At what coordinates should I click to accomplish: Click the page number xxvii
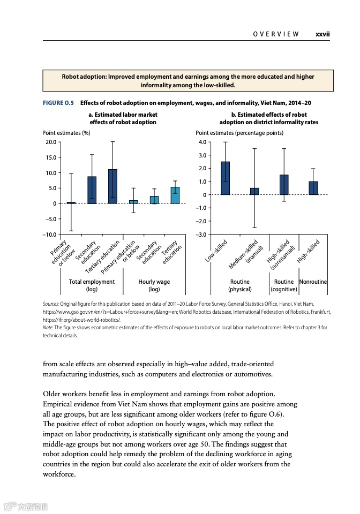point(322,34)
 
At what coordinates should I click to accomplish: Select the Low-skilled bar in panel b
point(226,178)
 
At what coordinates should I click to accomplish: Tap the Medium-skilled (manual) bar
point(254,191)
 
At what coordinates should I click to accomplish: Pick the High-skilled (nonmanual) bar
point(284,185)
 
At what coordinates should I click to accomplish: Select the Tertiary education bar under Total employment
point(112,186)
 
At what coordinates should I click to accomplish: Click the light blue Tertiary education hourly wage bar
point(175,195)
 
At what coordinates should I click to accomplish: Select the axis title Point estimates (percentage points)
point(239,133)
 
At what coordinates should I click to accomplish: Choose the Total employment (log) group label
point(92,285)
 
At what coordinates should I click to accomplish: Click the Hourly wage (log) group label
point(154,285)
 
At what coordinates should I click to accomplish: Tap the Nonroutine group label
point(313,282)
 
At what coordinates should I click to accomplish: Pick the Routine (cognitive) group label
point(283,285)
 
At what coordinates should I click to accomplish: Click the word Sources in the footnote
point(51,304)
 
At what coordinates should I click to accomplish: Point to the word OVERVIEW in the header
point(276,34)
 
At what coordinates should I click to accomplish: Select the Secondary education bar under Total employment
point(92,190)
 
